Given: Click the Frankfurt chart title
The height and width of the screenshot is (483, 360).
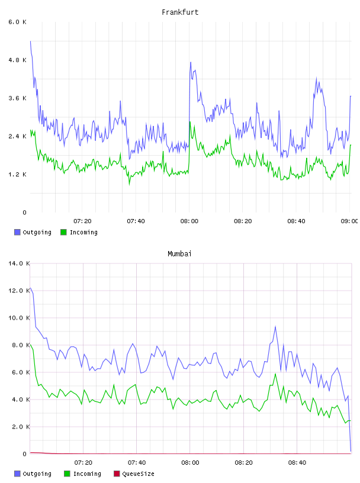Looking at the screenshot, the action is (x=180, y=12).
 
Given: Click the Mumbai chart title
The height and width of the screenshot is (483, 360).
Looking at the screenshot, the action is (x=179, y=254).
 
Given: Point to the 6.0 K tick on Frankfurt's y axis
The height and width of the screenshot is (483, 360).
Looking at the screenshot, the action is (x=17, y=22).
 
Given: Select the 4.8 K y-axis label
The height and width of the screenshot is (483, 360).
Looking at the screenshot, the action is (x=17, y=60).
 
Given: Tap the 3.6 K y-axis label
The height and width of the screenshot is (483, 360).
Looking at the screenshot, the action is (x=17, y=98).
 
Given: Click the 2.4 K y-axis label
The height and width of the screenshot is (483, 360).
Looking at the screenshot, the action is (x=17, y=137).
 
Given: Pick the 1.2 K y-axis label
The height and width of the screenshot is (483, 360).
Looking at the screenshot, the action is (x=17, y=175).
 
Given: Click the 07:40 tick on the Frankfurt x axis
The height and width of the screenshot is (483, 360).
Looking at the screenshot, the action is (x=136, y=221).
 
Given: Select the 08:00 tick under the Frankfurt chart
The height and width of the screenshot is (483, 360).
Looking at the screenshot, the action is (x=189, y=221).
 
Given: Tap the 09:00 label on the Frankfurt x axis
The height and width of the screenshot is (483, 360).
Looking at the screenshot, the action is (x=349, y=221).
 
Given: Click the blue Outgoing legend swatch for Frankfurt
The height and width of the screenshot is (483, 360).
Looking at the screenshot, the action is (x=17, y=232).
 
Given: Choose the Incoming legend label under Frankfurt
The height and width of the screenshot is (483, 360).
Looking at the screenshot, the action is (x=83, y=233).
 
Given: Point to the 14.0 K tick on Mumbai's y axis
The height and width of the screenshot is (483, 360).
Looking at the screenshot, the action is (x=19, y=263).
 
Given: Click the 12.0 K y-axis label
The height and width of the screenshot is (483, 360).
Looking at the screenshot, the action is (x=19, y=291).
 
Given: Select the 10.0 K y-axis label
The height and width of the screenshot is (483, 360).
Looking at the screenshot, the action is (x=19, y=318).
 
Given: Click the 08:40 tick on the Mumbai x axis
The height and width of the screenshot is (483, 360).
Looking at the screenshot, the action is (x=297, y=463).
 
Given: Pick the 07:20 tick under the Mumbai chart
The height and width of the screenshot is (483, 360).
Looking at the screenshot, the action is (x=83, y=463).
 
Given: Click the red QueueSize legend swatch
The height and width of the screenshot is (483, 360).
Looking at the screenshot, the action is (x=117, y=474).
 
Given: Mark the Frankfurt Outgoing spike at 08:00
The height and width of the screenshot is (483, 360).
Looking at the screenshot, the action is (x=191, y=62).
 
